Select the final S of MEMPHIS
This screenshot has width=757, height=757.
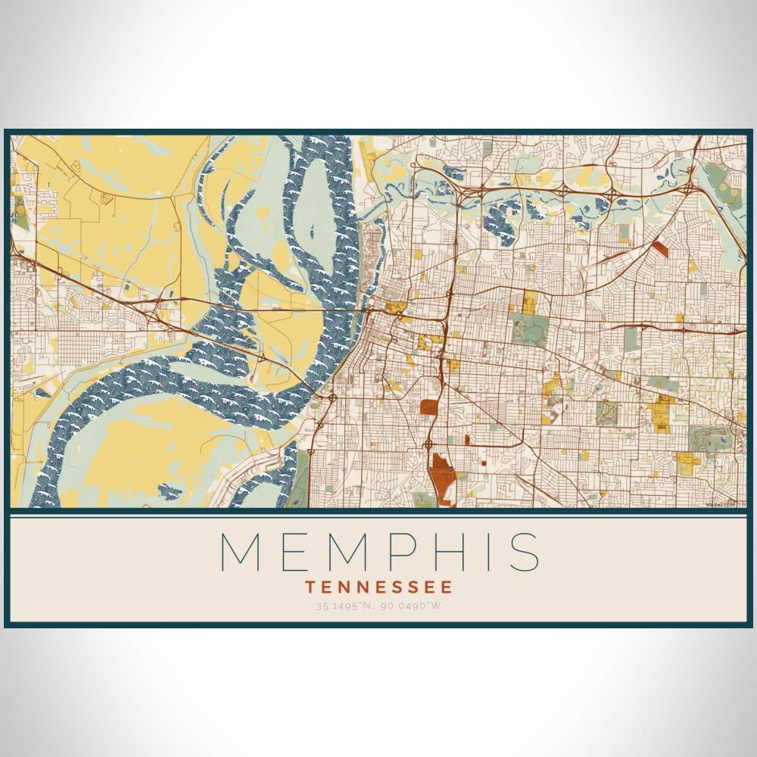525,552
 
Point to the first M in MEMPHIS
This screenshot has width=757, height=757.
241,552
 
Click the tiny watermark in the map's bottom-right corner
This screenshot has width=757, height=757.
720,504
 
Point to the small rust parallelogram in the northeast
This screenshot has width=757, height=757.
660,248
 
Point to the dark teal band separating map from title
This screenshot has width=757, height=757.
378,511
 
